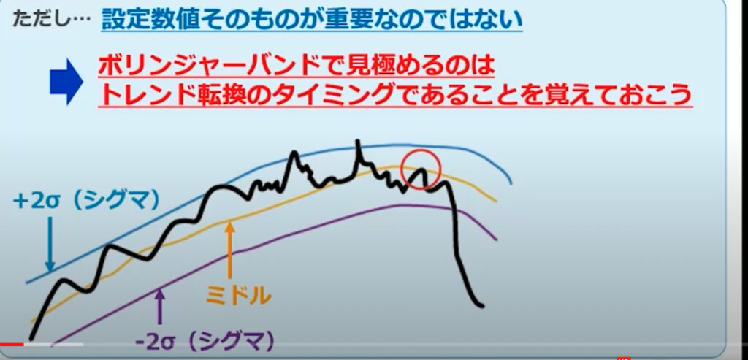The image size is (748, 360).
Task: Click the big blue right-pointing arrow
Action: click(x=66, y=82)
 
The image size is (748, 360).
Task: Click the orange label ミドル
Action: click(x=239, y=296)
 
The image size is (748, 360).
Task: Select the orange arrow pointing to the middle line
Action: click(x=230, y=250)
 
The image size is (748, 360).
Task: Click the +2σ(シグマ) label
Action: click(x=86, y=201)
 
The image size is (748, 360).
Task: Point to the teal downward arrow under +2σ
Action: click(x=49, y=245)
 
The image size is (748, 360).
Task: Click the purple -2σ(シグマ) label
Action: click(x=205, y=341)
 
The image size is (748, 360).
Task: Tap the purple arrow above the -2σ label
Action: click(x=160, y=307)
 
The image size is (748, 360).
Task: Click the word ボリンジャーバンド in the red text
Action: click(x=213, y=66)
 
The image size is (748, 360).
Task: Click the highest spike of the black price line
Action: click(x=357, y=141)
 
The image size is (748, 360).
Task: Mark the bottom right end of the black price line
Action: click(x=482, y=305)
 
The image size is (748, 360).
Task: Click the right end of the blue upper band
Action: click(x=511, y=183)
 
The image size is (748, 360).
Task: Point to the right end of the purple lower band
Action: click(x=497, y=240)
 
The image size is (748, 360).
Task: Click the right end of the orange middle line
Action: click(x=496, y=201)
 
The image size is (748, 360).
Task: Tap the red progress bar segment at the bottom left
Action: click(x=12, y=344)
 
